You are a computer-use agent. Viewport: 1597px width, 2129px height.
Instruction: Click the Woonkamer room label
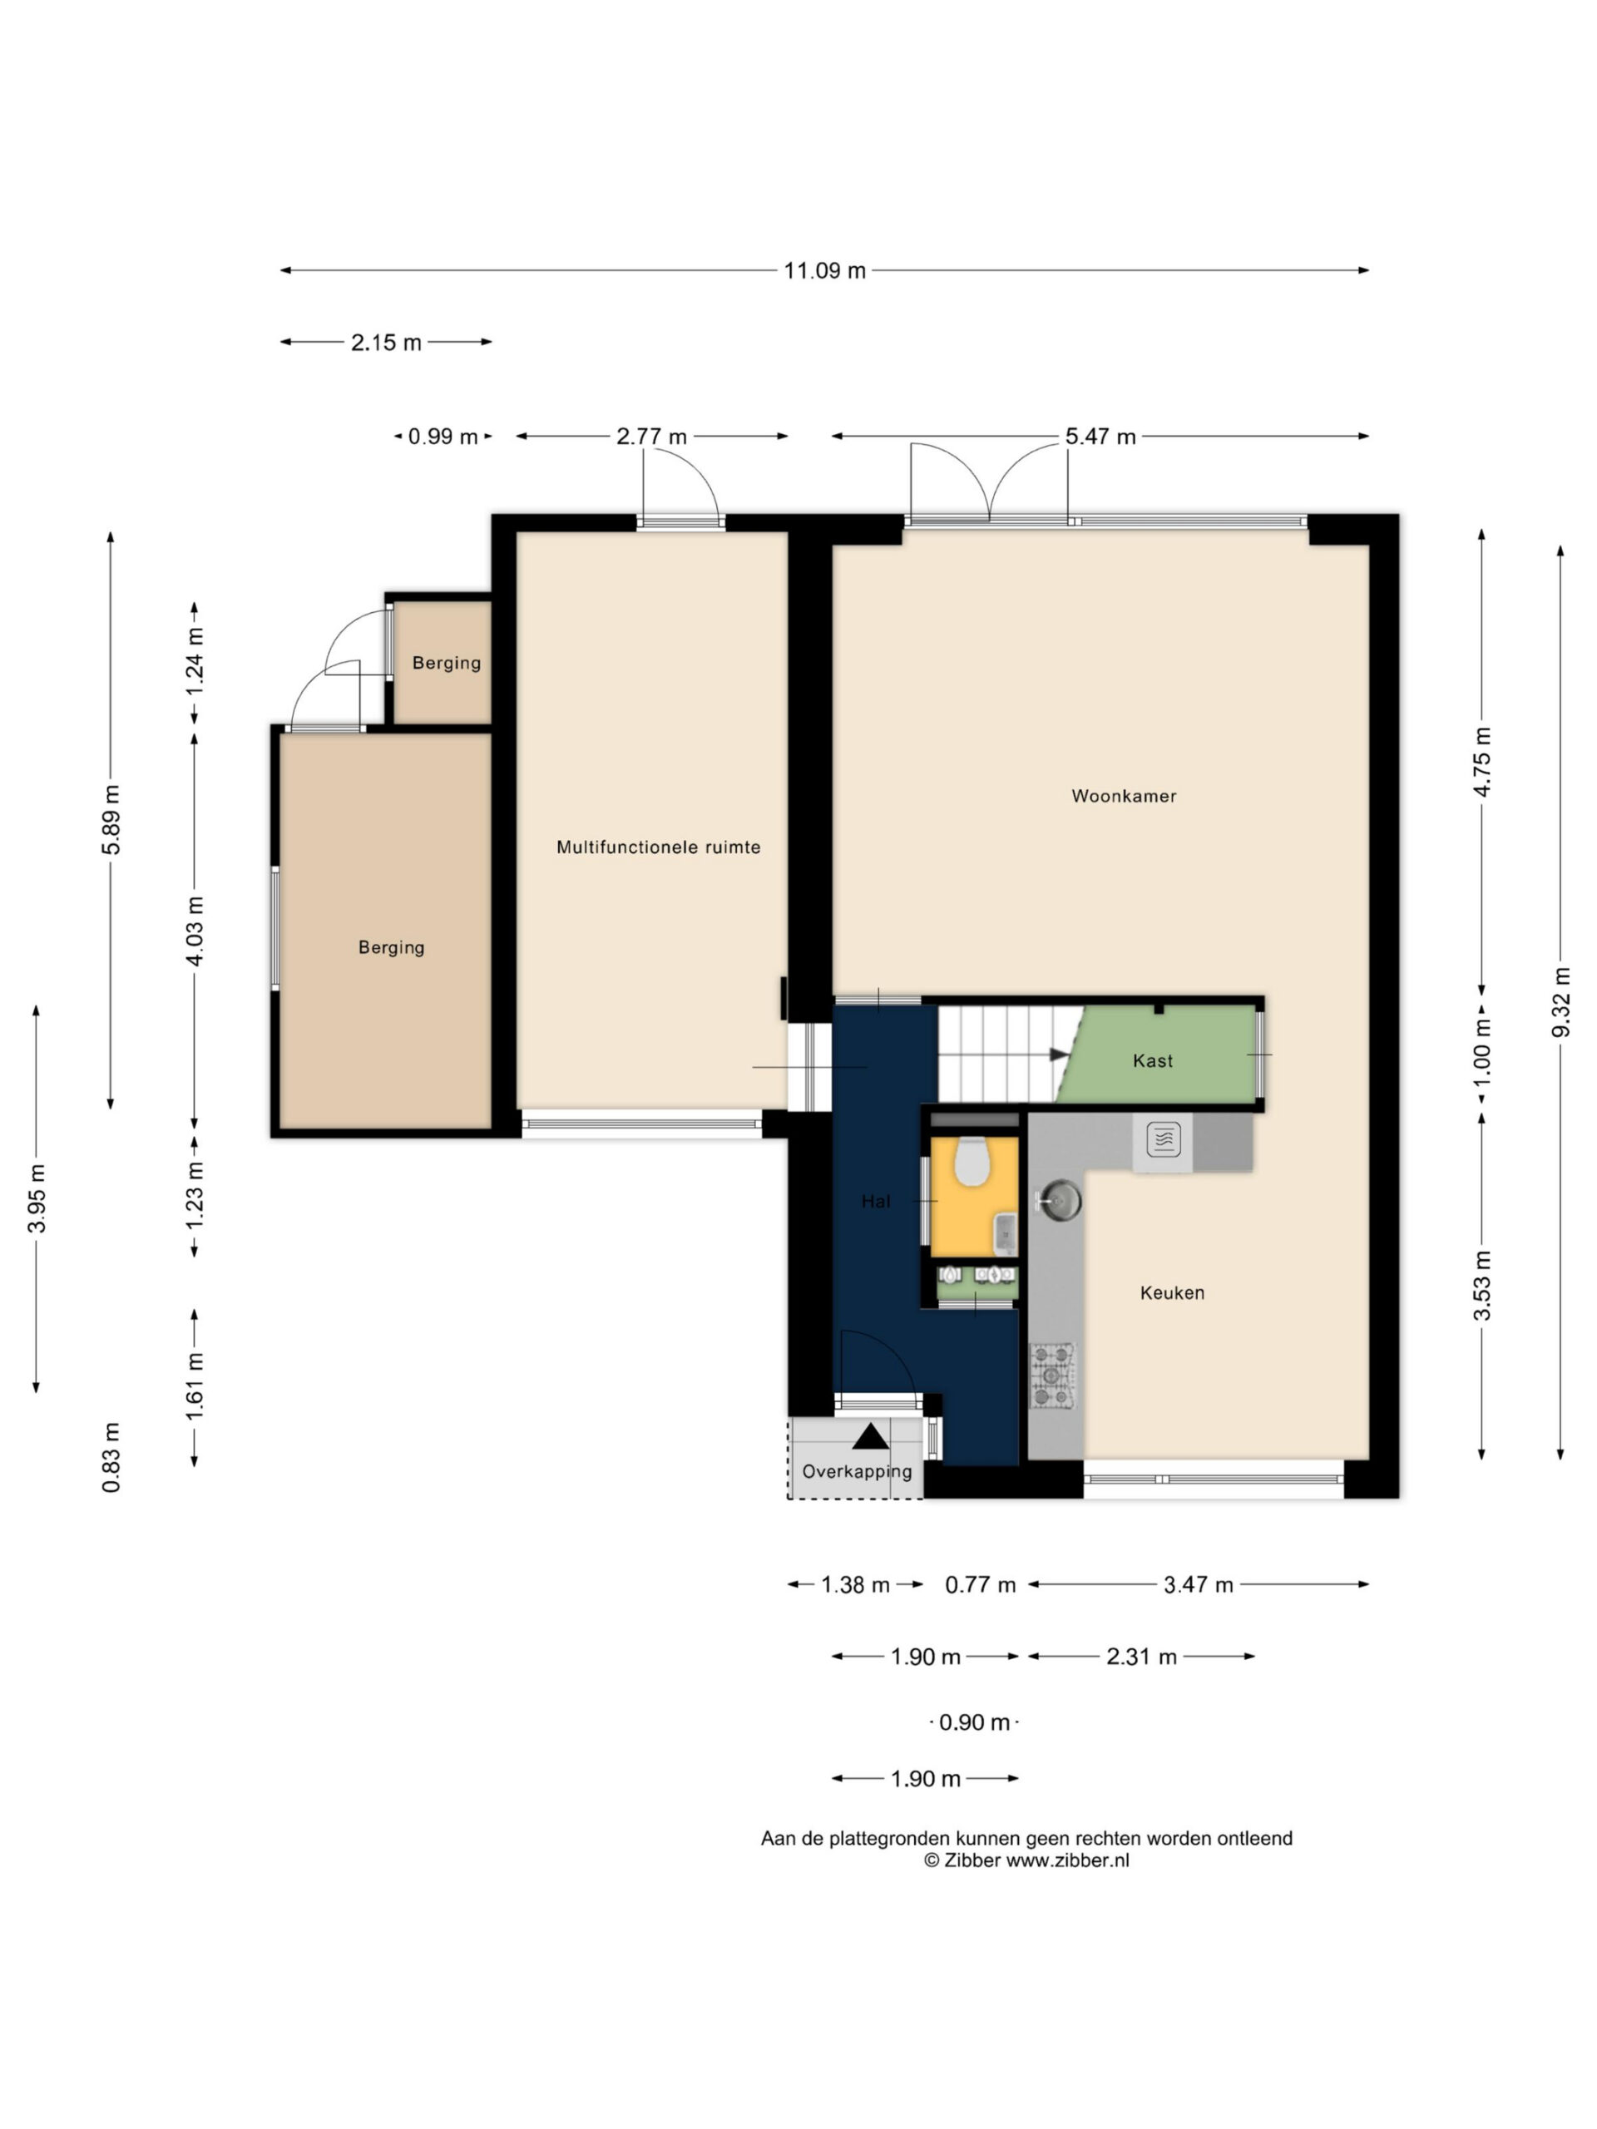click(x=1124, y=796)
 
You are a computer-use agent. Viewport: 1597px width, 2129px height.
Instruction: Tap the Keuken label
click(x=1171, y=1292)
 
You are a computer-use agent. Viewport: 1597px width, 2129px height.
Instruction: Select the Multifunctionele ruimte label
click(x=659, y=847)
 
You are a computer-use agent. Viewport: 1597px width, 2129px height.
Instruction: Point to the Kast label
click(x=1152, y=1060)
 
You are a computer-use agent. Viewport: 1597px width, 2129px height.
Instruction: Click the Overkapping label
click(x=857, y=1470)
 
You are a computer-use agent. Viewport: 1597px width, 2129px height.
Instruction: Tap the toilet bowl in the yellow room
click(x=972, y=1162)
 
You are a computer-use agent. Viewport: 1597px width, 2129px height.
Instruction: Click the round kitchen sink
click(x=1059, y=1200)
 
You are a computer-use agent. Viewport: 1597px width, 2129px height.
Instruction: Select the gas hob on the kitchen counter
click(x=1052, y=1376)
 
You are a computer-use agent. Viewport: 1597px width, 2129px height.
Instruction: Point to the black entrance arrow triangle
click(x=870, y=1436)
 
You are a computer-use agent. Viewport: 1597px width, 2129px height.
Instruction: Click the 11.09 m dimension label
click(x=825, y=270)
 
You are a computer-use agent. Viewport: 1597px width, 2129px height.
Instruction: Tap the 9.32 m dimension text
click(x=1560, y=1002)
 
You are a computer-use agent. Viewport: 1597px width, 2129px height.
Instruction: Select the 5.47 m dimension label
click(x=1100, y=437)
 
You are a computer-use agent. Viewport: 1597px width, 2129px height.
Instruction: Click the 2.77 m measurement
click(x=652, y=437)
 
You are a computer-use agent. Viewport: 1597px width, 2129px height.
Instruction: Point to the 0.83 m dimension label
click(x=111, y=1457)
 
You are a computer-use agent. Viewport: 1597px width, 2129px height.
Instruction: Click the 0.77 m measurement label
click(x=980, y=1584)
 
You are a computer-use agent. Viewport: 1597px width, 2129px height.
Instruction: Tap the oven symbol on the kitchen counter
click(x=1163, y=1140)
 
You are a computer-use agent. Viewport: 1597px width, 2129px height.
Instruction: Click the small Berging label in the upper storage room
click(x=447, y=663)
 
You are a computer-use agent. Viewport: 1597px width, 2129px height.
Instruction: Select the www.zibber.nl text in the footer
click(x=1067, y=1860)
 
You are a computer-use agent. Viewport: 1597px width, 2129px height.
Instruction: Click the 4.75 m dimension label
click(x=1482, y=761)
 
